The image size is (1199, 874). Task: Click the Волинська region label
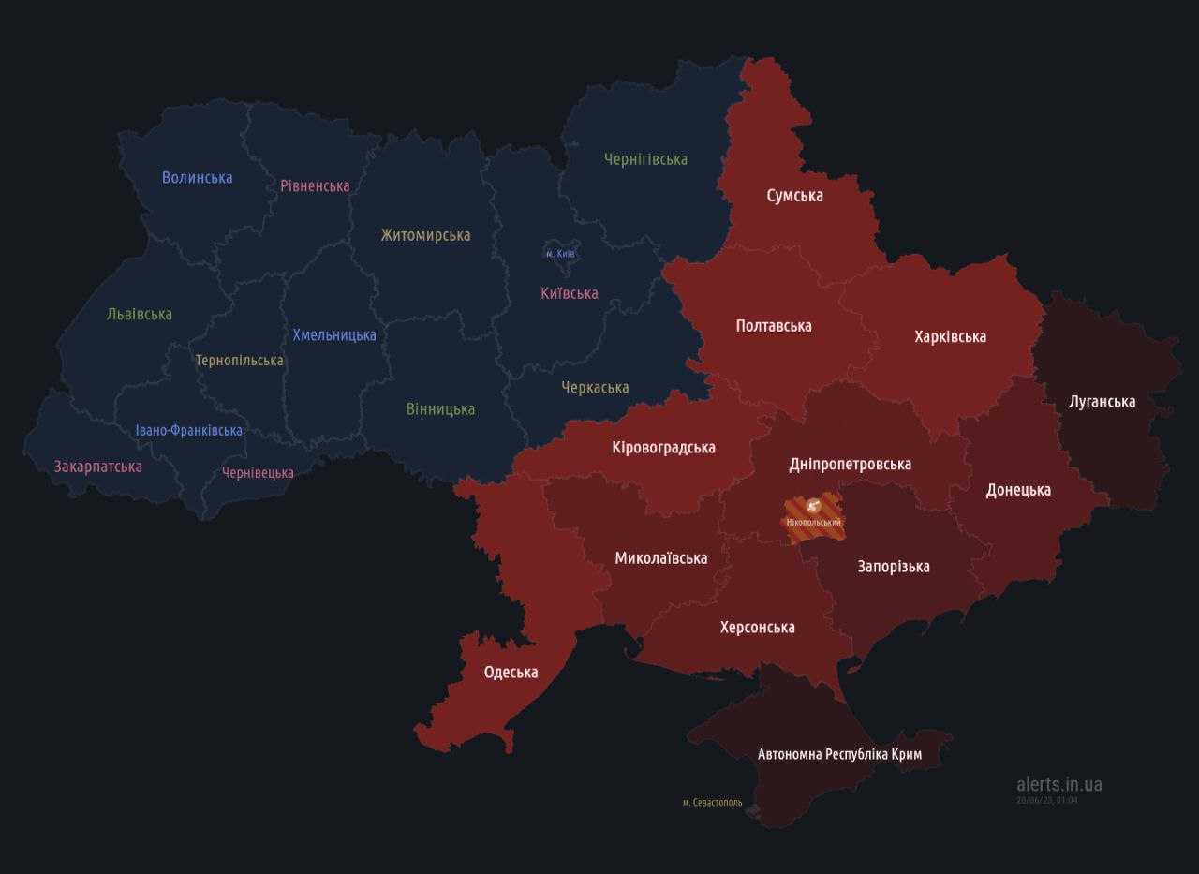[197, 177]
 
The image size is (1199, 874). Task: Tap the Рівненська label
[315, 185]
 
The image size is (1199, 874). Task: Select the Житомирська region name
[425, 235]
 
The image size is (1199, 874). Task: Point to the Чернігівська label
[645, 159]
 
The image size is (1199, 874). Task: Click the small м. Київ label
[561, 254]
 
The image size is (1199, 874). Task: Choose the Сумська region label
[794, 195]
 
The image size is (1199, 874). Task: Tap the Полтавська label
[773, 325]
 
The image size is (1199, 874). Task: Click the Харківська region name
[950, 336]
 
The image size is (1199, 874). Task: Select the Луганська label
[1102, 401]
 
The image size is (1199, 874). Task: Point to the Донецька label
[1018, 489]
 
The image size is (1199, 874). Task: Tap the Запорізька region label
[893, 566]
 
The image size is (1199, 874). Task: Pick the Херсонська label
[757, 627]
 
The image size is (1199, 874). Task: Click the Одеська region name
[511, 672]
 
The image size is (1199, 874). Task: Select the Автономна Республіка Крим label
[839, 754]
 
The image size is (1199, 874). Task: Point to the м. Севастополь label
[712, 802]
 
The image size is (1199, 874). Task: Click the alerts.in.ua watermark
[1058, 784]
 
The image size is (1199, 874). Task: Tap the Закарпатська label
[98, 466]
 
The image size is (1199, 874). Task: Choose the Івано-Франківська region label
[188, 430]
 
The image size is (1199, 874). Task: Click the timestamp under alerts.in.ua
[1046, 800]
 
